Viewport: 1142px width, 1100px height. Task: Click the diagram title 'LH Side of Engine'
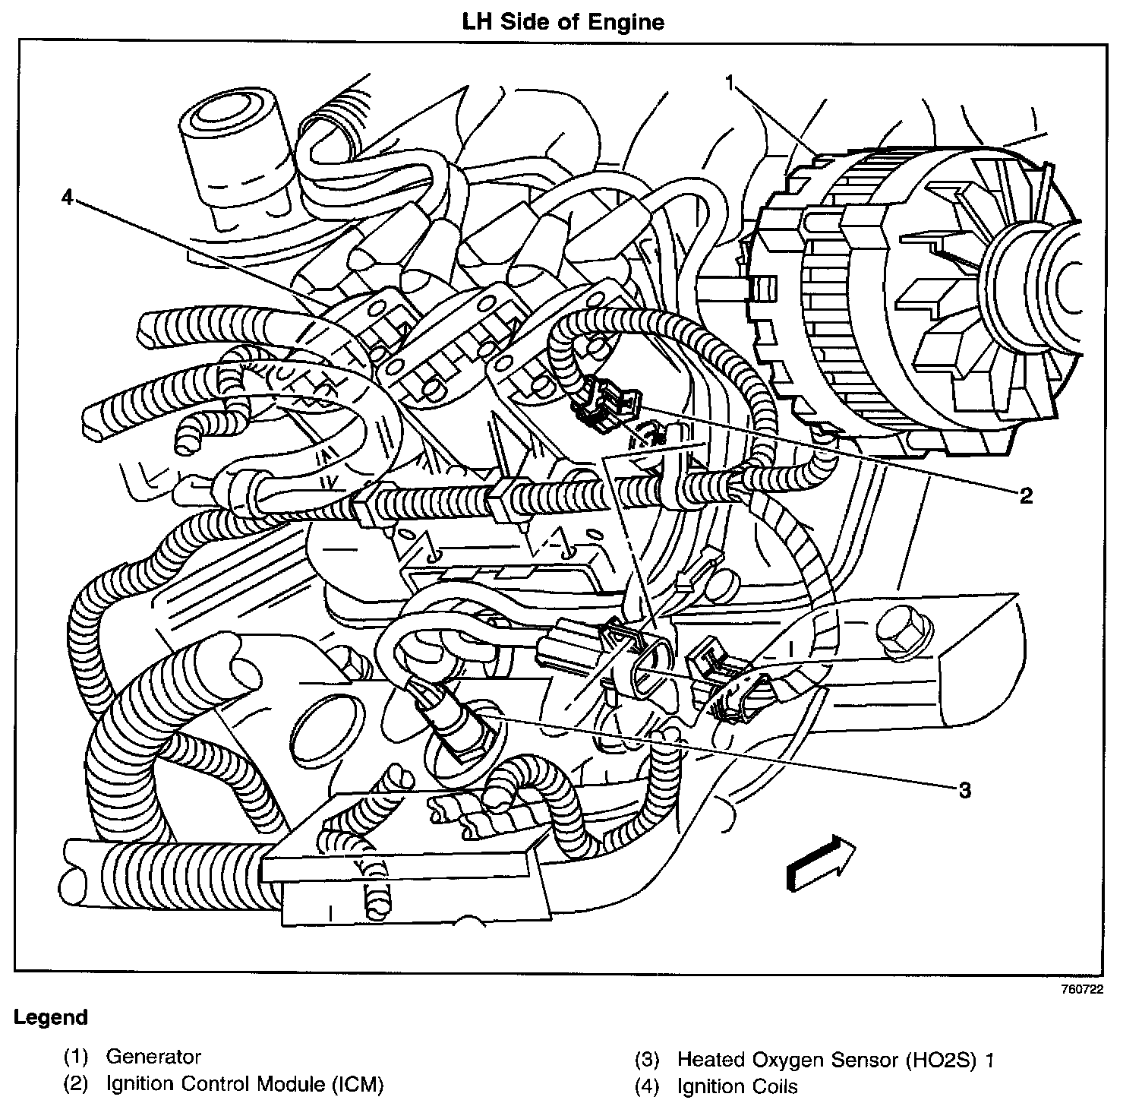[x=563, y=22]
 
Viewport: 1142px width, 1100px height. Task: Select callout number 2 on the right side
[x=1026, y=496]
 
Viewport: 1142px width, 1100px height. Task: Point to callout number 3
[x=964, y=791]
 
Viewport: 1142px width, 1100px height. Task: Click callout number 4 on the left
[x=68, y=198]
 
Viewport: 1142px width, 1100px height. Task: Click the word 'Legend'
[x=51, y=1018]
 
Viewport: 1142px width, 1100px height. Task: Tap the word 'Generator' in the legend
[x=153, y=1057]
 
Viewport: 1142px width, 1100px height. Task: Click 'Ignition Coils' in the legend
[x=737, y=1086]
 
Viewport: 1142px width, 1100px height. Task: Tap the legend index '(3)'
[x=647, y=1059]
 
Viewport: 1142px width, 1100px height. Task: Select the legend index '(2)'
[x=76, y=1083]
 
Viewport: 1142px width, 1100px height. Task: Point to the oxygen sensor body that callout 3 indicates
[x=448, y=722]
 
